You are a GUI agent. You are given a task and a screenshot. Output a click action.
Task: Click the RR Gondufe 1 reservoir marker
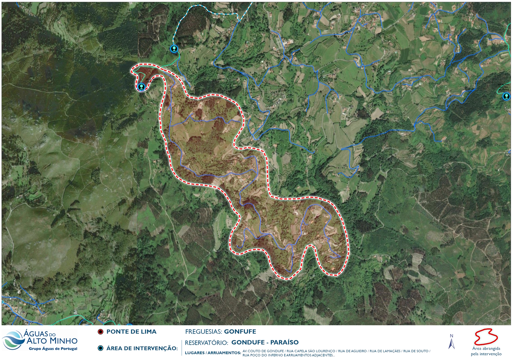click(x=174, y=49)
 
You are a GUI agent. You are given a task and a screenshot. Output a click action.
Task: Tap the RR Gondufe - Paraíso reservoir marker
click(x=141, y=87)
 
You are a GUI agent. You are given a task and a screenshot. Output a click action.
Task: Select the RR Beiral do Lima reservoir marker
click(x=506, y=96)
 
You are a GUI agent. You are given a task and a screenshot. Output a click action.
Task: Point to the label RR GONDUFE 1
click(x=186, y=44)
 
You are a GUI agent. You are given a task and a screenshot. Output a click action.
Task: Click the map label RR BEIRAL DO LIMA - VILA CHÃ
click(x=503, y=87)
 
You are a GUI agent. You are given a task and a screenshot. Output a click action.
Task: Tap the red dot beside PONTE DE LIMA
click(x=101, y=332)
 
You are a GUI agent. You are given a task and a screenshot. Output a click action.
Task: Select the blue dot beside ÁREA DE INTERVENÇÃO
click(x=101, y=348)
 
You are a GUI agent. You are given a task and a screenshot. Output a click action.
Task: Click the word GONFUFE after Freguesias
click(x=240, y=332)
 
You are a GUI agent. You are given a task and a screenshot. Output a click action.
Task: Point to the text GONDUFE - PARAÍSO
click(x=265, y=342)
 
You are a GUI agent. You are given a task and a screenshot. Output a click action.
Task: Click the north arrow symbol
click(x=452, y=342)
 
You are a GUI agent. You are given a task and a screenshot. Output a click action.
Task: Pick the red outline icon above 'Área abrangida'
click(x=486, y=337)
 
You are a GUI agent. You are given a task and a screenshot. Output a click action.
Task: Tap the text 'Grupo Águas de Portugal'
click(x=53, y=349)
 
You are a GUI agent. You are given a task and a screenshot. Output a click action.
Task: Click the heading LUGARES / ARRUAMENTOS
click(x=213, y=353)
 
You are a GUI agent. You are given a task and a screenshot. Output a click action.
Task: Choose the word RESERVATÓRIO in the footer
click(x=206, y=343)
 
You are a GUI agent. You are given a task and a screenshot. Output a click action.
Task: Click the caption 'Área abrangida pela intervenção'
click(x=486, y=351)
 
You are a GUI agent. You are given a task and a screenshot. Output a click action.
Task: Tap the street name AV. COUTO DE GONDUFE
click(x=263, y=351)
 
